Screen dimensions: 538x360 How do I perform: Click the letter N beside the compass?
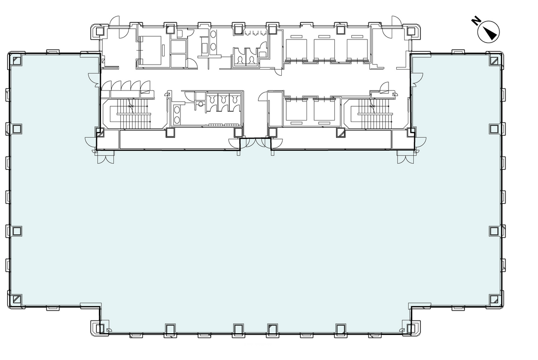pyautogui.click(x=476, y=21)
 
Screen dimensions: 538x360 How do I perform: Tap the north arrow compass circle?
pyautogui.click(x=488, y=32)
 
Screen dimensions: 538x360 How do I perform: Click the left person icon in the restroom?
pyautogui.click(x=240, y=61)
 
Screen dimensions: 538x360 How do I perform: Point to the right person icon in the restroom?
pyautogui.click(x=252, y=61)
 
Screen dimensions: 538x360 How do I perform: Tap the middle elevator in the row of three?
pyautogui.click(x=324, y=50)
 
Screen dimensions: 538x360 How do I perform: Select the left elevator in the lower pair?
pyautogui.click(x=296, y=110)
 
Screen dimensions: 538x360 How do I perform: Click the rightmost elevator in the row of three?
pyautogui.click(x=357, y=50)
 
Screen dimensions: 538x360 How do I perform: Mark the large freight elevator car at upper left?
pyautogui.click(x=151, y=50)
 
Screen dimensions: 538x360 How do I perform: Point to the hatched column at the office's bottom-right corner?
pyautogui.click(x=494, y=299)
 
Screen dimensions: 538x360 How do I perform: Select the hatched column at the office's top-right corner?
pyautogui.click(x=494, y=61)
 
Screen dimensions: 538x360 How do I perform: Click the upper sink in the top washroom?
pyautogui.click(x=213, y=34)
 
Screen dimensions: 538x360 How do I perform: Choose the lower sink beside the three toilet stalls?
pyautogui.click(x=177, y=120)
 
